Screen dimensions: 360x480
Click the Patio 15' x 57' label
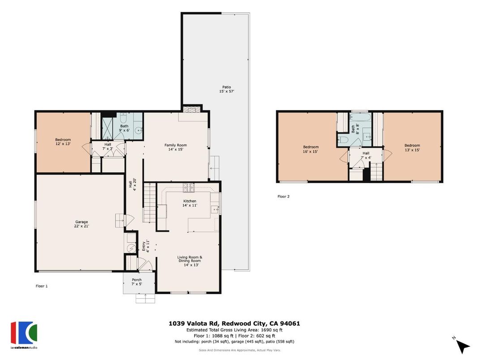[x=227, y=89]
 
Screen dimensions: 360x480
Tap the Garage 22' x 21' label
[x=81, y=224]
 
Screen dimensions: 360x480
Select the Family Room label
[x=176, y=147]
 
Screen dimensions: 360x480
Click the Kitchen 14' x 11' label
[x=190, y=203]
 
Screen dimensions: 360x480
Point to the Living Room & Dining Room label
[x=189, y=261]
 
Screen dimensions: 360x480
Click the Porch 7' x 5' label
[x=136, y=282]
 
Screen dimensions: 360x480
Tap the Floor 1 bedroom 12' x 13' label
[x=63, y=141]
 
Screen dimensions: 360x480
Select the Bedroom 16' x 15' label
[x=310, y=149]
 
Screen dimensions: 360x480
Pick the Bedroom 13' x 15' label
[x=412, y=147]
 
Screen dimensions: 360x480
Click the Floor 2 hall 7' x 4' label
[x=366, y=155]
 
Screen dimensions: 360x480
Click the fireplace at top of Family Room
[x=190, y=109]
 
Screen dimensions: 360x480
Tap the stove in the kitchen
[x=188, y=188]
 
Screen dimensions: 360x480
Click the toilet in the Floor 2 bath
[x=344, y=140]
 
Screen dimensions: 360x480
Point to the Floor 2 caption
[x=283, y=196]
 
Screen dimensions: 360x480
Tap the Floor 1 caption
[x=42, y=286]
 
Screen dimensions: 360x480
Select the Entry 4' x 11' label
[x=146, y=246]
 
